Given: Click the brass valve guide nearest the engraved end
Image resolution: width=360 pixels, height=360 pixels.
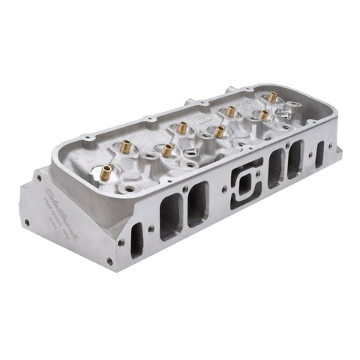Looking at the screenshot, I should tap(106, 172).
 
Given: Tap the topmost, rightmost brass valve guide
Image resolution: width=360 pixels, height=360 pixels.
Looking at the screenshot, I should tap(272, 97).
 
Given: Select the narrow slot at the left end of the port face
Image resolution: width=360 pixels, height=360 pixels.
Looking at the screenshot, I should tap(136, 240).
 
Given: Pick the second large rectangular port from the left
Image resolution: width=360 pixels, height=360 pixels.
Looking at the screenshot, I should tap(198, 203).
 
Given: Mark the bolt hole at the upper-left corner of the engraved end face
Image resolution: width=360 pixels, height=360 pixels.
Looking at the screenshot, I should tap(37, 178).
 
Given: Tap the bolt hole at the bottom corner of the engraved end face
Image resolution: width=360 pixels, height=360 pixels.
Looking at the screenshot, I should tap(109, 262).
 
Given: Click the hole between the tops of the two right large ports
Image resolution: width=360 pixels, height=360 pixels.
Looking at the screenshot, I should tap(286, 145).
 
